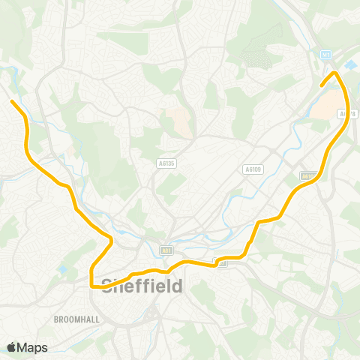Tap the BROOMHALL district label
(x=77, y=319)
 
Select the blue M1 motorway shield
(x=325, y=55)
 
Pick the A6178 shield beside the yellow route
(x=345, y=115)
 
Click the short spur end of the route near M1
(x=322, y=85)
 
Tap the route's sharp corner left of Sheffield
(x=91, y=285)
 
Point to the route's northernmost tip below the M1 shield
(x=335, y=73)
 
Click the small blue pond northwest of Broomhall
(x=62, y=269)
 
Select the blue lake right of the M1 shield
(x=352, y=66)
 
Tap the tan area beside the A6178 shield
(x=321, y=109)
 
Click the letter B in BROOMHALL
(x=57, y=319)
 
